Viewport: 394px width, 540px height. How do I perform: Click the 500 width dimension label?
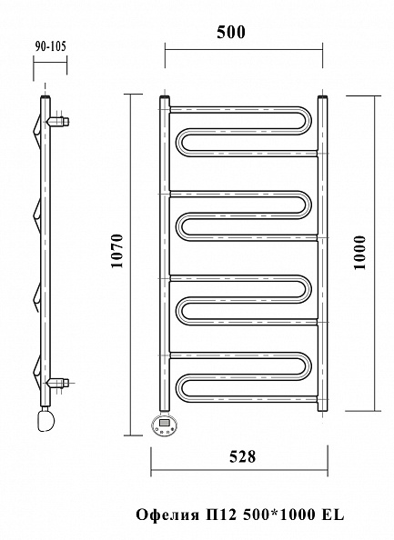coord(231,32)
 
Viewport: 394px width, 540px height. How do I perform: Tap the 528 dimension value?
coord(242,456)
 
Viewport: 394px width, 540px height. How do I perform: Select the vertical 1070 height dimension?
coord(117,251)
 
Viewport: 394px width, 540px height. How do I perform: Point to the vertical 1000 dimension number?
coord(359,253)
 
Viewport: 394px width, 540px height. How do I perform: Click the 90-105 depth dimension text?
coord(50,46)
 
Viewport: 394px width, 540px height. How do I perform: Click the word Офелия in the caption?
coord(167,515)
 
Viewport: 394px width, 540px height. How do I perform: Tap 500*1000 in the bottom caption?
coord(279,515)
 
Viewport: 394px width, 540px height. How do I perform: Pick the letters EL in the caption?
coord(333,515)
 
